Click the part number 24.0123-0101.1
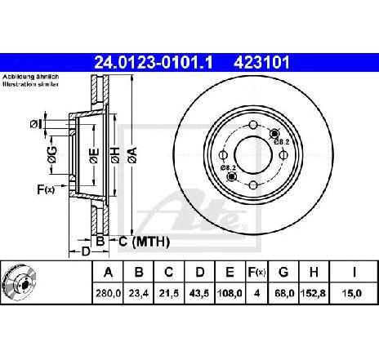pyautogui.click(x=154, y=63)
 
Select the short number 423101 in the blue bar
pyautogui.click(x=261, y=63)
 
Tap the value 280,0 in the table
pyautogui.click(x=108, y=293)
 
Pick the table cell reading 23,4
pyautogui.click(x=139, y=293)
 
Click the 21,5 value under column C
pyautogui.click(x=169, y=293)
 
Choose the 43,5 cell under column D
pyautogui.click(x=199, y=293)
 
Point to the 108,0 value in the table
pyautogui.click(x=230, y=293)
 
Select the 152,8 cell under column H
pyautogui.click(x=314, y=293)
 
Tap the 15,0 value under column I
pyautogui.click(x=354, y=293)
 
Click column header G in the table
pyautogui.click(x=283, y=272)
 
